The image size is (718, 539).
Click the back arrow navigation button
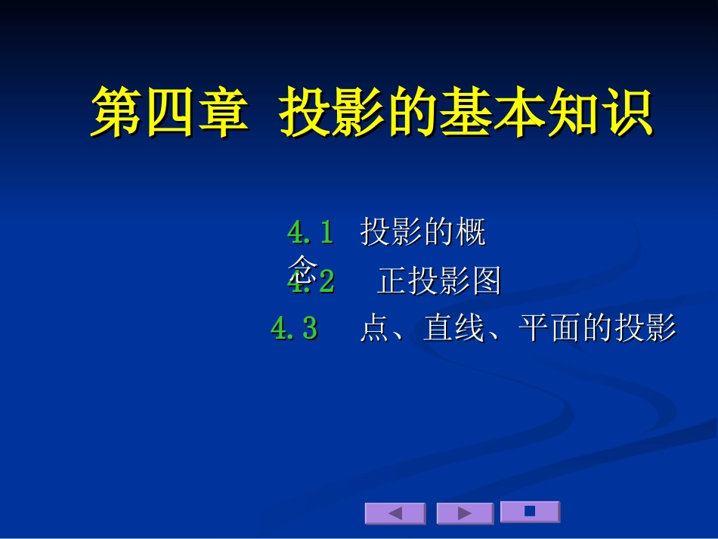pos(395,513)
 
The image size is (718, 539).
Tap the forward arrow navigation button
pos(465,513)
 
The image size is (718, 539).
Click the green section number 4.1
pos(311,233)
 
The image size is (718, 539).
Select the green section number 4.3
pos(294,329)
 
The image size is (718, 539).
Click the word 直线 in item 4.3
pos(454,329)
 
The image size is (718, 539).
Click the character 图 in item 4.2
pos(487,281)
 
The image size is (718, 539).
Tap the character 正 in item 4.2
pos(391,281)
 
